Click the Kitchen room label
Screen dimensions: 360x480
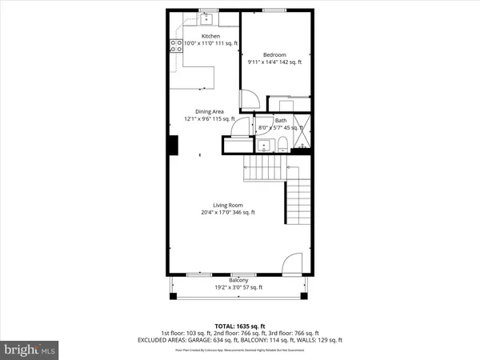coord(210,36)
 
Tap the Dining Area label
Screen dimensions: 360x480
coord(209,111)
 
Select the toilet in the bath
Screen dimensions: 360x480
coord(282,143)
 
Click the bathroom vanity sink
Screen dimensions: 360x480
coord(263,145)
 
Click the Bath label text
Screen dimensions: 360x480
coord(281,121)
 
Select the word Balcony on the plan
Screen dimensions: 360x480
coord(238,280)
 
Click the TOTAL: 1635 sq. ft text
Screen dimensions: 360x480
coord(239,326)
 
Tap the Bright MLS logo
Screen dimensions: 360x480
coord(30,350)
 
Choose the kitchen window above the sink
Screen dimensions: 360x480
coord(207,10)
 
